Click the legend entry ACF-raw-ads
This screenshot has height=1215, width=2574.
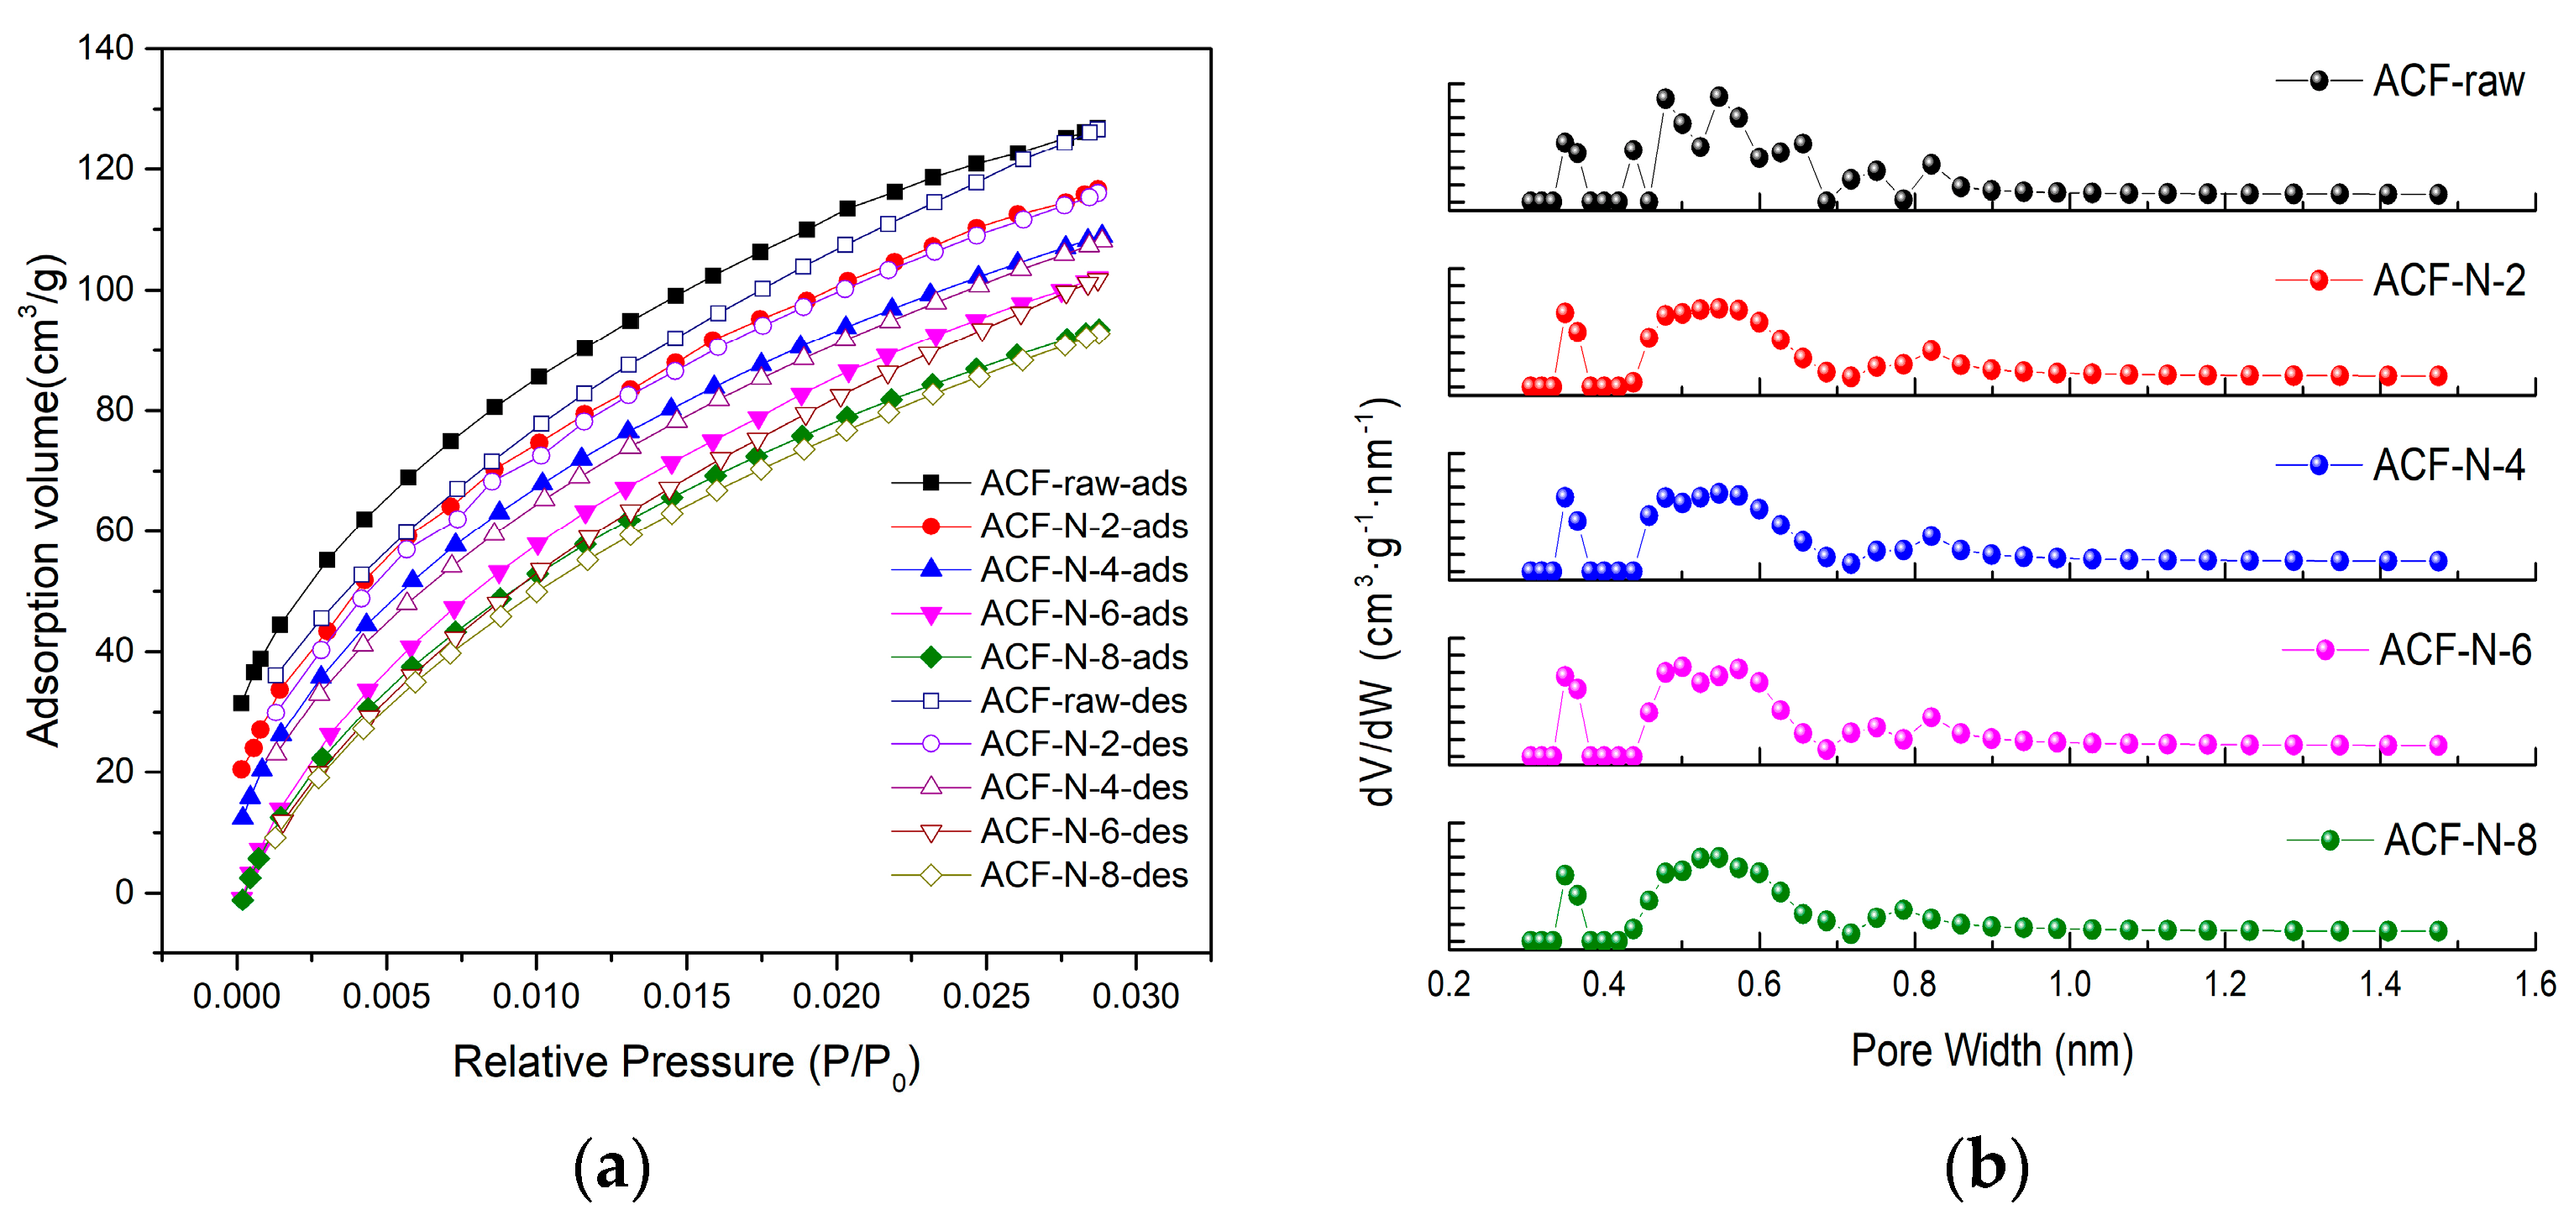1083,484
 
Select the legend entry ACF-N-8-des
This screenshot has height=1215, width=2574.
1083,875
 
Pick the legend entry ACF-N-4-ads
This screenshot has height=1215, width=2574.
1083,570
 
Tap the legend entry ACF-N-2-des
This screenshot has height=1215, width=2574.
1083,745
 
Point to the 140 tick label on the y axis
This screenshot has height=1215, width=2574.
106,48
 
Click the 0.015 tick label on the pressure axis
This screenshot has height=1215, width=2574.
685,996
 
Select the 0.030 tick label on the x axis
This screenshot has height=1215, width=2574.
1135,996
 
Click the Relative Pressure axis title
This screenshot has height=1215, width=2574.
685,1063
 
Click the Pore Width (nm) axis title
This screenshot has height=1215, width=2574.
1991,1051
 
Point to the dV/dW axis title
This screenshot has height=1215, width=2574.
1379,604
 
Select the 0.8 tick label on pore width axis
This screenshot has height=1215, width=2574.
1914,985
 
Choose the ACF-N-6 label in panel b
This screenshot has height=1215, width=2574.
2455,652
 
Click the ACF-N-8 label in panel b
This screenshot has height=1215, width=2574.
2459,841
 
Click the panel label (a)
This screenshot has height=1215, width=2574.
611,1166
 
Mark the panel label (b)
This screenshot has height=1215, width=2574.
1986,1166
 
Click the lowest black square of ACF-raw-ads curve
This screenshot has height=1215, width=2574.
241,704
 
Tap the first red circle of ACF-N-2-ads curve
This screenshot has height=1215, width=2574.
241,769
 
